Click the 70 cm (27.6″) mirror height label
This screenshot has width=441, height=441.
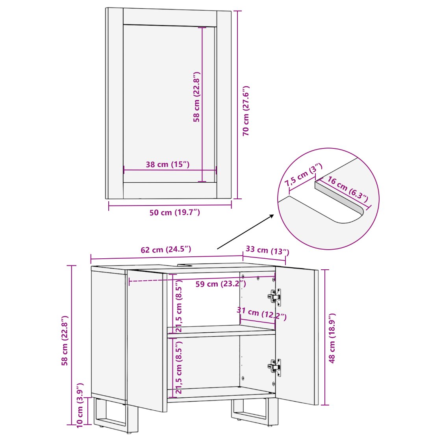pos(246,111)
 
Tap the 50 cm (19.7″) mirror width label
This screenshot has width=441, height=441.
pos(175,212)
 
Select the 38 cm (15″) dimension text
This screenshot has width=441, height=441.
pos(168,164)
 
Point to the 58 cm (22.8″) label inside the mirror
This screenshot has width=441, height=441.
pos(196,97)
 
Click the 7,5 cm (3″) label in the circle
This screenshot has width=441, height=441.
pos(304,175)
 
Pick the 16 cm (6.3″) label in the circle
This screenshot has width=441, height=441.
pos(348,189)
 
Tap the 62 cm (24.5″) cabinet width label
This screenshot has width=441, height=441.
pos(166,250)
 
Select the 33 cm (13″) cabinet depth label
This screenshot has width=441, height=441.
pos(267,250)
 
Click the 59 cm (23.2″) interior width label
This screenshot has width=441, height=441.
pos(221,284)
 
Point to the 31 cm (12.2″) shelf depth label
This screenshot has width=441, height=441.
pos(261,313)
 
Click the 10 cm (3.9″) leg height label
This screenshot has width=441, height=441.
pos(80,405)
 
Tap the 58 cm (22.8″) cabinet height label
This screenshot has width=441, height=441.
pos(65,340)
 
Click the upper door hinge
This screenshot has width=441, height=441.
pos(274,297)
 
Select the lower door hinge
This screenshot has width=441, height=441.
pos(274,367)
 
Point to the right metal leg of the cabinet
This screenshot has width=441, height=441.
pos(254,411)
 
